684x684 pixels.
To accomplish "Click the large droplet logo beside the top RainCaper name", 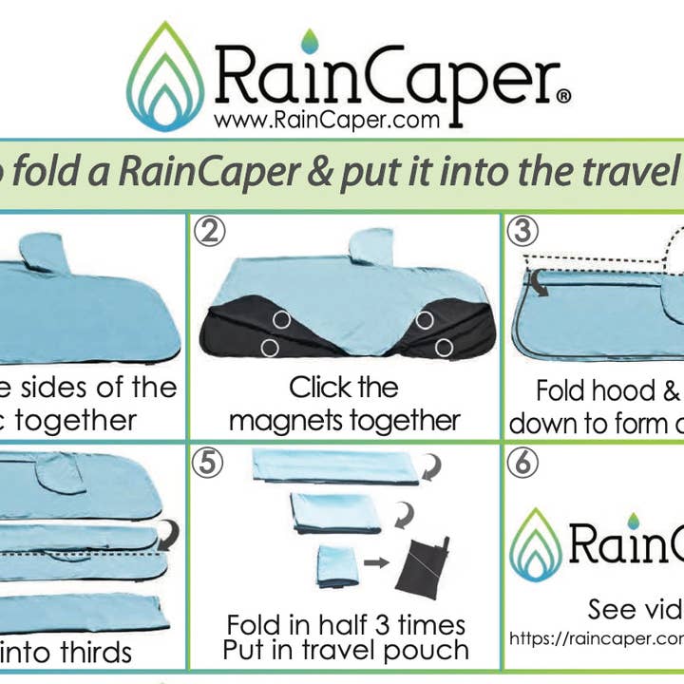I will pyautogui.click(x=165, y=78).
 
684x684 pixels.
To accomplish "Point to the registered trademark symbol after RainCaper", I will pyautogui.click(x=563, y=95).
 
